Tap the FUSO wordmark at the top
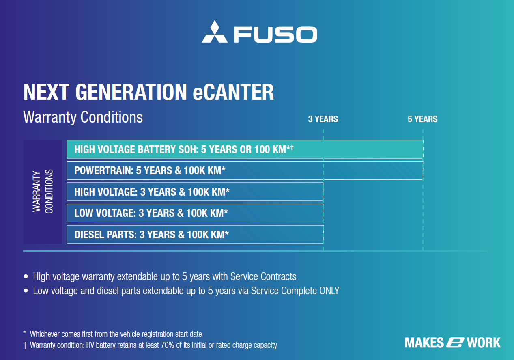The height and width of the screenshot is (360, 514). (275, 34)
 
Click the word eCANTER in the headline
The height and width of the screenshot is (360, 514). (233, 92)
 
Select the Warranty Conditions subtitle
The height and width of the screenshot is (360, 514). (83, 117)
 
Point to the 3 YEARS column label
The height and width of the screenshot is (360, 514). (323, 119)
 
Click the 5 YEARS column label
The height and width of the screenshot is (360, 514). (422, 119)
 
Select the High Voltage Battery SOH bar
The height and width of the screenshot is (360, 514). (245, 149)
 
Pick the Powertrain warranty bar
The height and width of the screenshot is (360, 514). (245, 170)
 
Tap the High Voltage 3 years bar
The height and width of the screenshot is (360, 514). (195, 192)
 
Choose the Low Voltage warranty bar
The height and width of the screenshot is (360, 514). (195, 213)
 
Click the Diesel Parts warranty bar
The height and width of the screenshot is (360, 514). (195, 235)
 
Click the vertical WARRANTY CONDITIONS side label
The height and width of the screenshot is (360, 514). (43, 192)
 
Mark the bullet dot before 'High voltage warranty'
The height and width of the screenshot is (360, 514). (26, 276)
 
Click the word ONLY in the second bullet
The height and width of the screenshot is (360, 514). (329, 291)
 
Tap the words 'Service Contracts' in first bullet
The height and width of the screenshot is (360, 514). (263, 276)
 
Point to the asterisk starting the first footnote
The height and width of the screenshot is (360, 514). (25, 332)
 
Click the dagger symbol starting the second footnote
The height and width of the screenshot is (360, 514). (25, 345)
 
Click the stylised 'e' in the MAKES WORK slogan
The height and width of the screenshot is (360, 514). (455, 343)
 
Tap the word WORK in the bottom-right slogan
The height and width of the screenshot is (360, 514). (484, 343)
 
